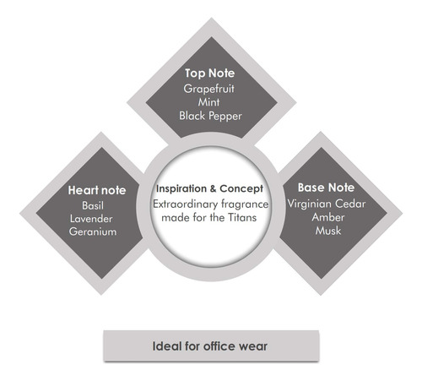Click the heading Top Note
tap(209, 73)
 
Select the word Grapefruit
tap(208, 89)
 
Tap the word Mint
tap(208, 102)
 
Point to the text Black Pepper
tap(210, 116)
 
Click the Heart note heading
tap(97, 190)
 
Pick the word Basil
tap(93, 205)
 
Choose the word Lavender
tap(91, 219)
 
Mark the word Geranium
tap(93, 231)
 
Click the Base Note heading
tap(326, 188)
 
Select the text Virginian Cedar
tap(327, 204)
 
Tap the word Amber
tap(328, 217)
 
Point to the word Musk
tap(328, 231)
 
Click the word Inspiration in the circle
tap(181, 188)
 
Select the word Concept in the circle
tap(241, 189)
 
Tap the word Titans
tap(242, 218)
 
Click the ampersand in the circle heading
tap(213, 188)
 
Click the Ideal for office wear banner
tap(211, 346)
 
